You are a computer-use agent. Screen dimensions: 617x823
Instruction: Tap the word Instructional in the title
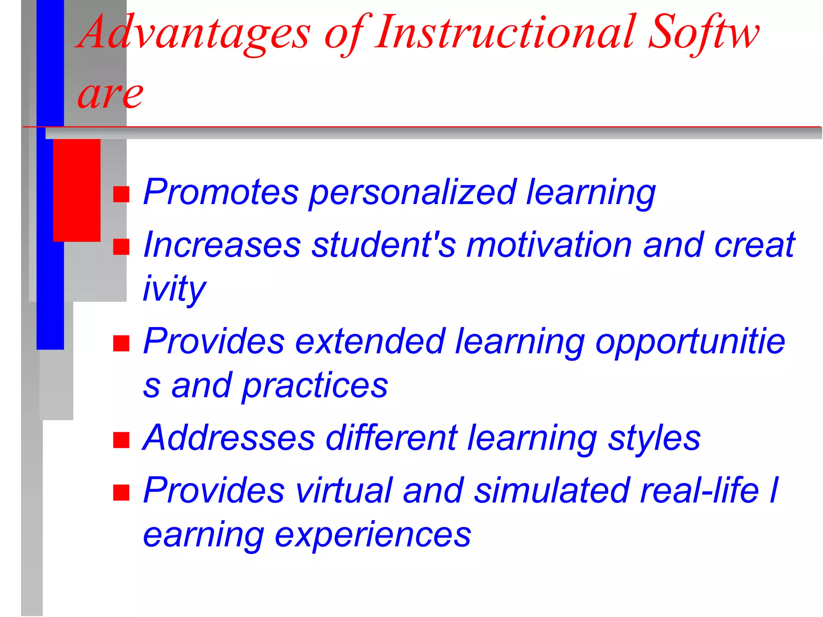click(x=504, y=32)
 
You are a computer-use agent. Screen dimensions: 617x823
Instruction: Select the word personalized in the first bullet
click(x=412, y=193)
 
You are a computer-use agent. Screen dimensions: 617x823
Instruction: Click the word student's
click(x=384, y=245)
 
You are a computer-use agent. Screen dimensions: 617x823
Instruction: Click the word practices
click(x=315, y=386)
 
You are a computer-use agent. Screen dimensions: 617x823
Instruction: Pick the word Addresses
click(x=229, y=438)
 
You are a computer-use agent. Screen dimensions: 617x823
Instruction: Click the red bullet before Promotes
click(x=121, y=194)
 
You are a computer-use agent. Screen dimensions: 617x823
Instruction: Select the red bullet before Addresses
click(x=121, y=440)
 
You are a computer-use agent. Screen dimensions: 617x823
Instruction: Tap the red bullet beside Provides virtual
click(x=121, y=492)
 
